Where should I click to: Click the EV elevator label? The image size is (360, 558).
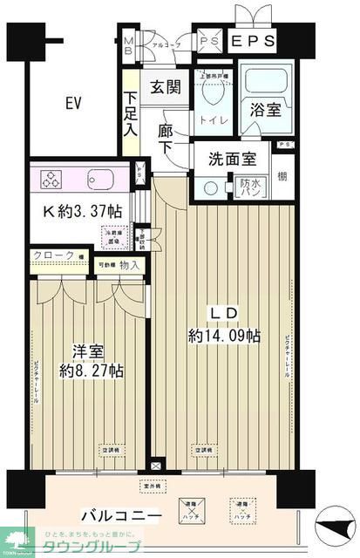click(x=72, y=103)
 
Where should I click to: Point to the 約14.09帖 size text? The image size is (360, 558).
click(x=224, y=336)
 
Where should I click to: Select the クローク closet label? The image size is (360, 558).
click(x=51, y=256)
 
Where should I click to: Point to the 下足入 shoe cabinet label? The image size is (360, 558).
click(x=130, y=112)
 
